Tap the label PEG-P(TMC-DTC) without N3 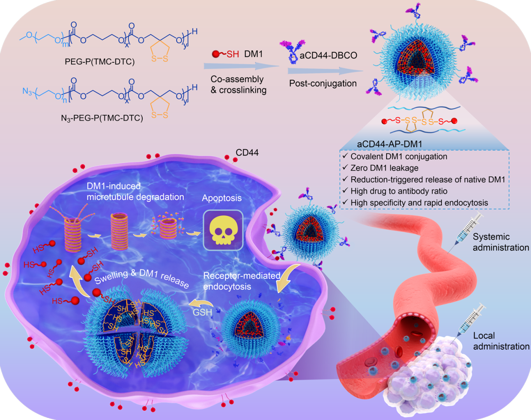[100, 62]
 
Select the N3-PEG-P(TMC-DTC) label [102, 118]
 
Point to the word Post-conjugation [323, 83]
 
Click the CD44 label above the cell [247, 153]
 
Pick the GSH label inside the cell [202, 312]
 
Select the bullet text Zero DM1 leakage [384, 168]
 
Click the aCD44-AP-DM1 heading [389, 144]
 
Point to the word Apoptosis [222, 198]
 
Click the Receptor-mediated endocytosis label [241, 281]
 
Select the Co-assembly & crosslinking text [238, 85]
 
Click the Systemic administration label [500, 242]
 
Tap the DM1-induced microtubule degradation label [135, 191]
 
